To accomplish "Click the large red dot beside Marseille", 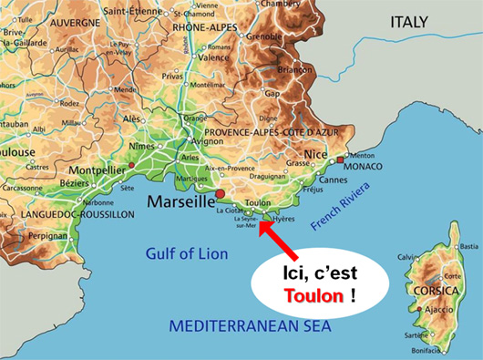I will [219, 195].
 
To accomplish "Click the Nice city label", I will [314, 155].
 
